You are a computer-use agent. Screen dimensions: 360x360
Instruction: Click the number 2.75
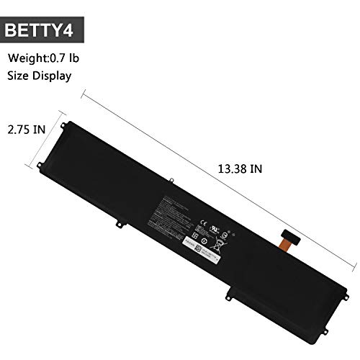(x=18, y=130)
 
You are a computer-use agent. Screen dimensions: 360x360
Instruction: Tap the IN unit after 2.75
(x=40, y=130)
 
